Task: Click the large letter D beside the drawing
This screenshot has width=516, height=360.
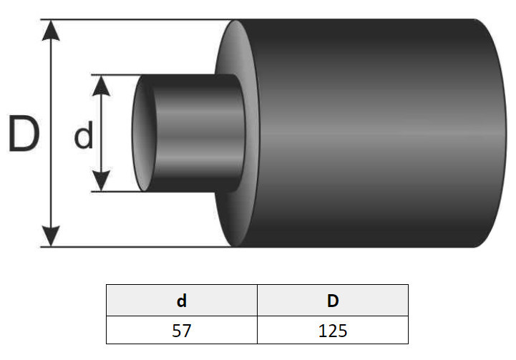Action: (x=24, y=133)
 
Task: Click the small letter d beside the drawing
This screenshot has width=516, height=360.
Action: (x=84, y=135)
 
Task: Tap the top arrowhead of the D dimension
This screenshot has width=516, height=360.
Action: (x=51, y=30)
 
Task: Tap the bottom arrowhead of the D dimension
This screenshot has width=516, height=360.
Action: (x=51, y=235)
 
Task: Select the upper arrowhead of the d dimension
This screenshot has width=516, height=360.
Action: (x=101, y=86)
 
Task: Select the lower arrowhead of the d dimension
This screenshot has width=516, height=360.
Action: (x=101, y=180)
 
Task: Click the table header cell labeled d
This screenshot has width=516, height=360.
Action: (x=182, y=300)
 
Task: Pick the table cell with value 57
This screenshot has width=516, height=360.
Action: (x=182, y=330)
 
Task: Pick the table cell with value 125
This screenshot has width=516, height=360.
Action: (x=333, y=330)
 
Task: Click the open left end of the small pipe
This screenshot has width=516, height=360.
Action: (x=143, y=133)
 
